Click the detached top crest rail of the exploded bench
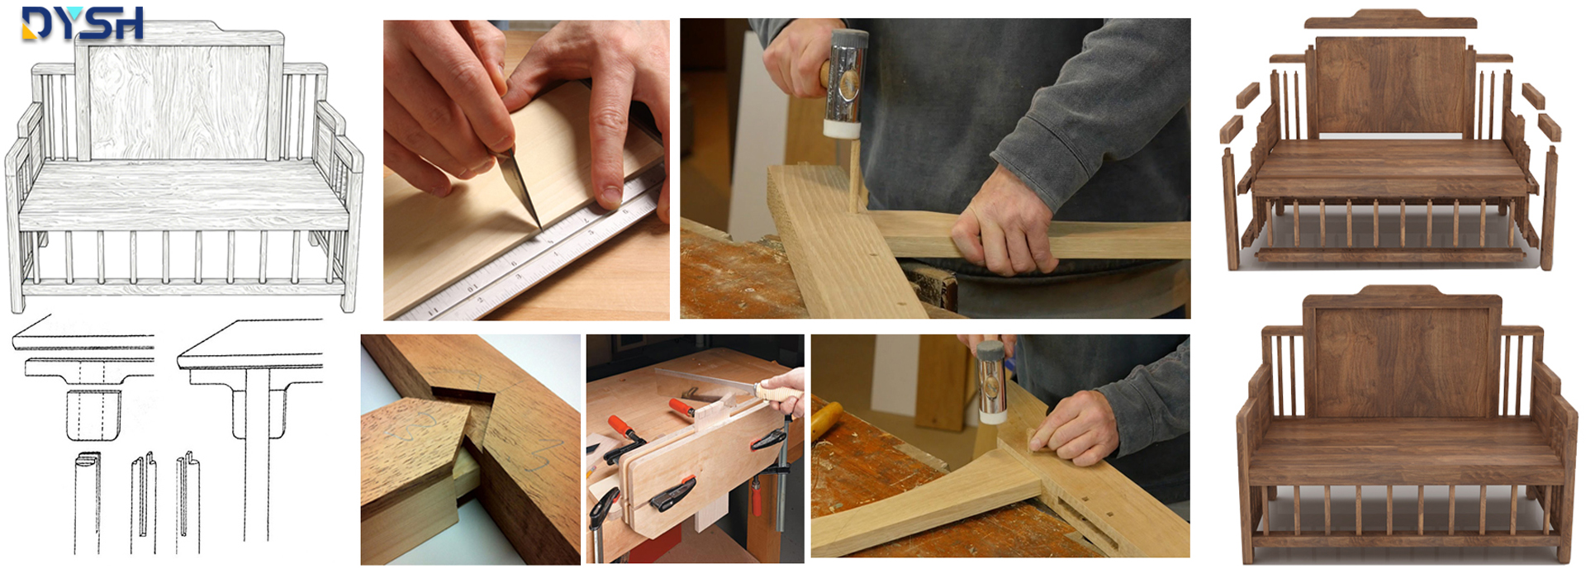pyautogui.click(x=1390, y=19)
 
